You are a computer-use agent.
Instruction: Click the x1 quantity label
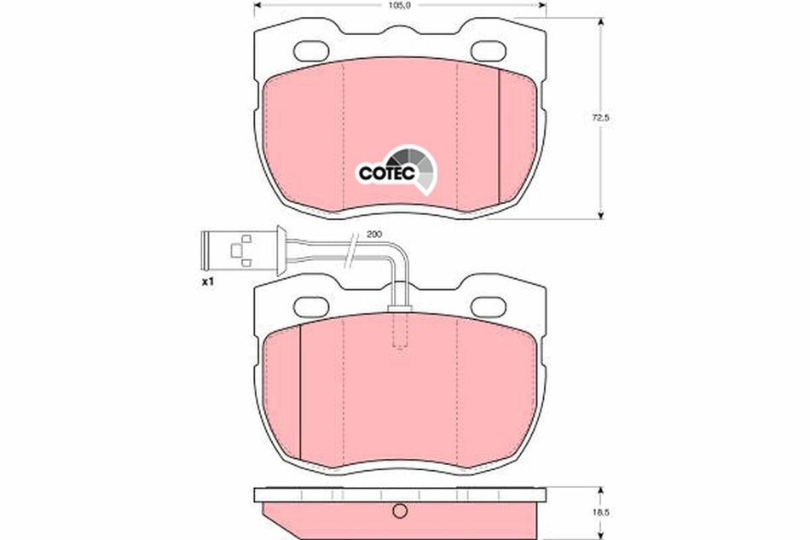206,282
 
